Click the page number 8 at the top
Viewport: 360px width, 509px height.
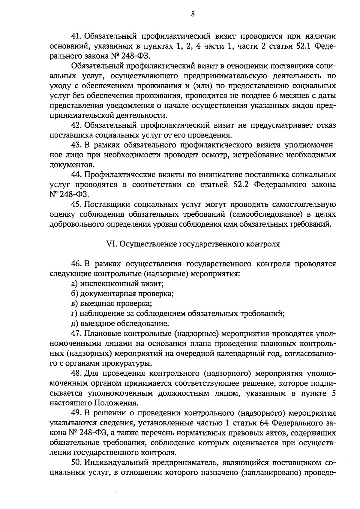click(x=193, y=14)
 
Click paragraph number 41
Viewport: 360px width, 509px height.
click(x=76, y=36)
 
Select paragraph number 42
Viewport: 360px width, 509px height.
click(x=76, y=125)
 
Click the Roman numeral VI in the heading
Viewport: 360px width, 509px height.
click(x=112, y=244)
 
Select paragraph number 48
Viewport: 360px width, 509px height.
click(x=76, y=374)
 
